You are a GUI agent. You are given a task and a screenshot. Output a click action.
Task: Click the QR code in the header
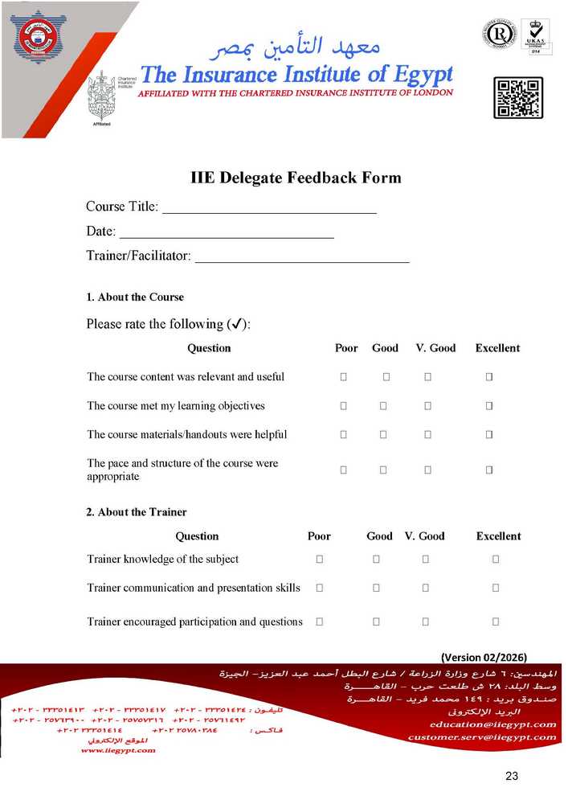517,99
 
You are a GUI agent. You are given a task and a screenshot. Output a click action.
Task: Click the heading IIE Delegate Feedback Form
296,178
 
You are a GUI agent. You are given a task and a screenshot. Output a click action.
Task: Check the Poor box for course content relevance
344,376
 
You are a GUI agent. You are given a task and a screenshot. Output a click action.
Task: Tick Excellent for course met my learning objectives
488,406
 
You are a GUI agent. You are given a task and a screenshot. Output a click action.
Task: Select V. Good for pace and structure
427,469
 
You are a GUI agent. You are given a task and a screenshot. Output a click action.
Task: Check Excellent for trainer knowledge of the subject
496,559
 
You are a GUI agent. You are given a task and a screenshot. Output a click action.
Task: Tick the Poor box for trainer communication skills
319,588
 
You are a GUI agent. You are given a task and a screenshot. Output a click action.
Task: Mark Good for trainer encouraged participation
376,621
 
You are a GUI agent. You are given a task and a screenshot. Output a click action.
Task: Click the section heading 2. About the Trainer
137,512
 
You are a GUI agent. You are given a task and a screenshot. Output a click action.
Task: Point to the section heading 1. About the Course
135,297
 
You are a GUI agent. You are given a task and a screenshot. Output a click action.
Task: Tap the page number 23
512,776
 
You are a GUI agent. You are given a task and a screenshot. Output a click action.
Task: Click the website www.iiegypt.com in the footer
118,750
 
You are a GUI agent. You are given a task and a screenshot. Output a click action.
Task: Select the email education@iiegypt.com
481,724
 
